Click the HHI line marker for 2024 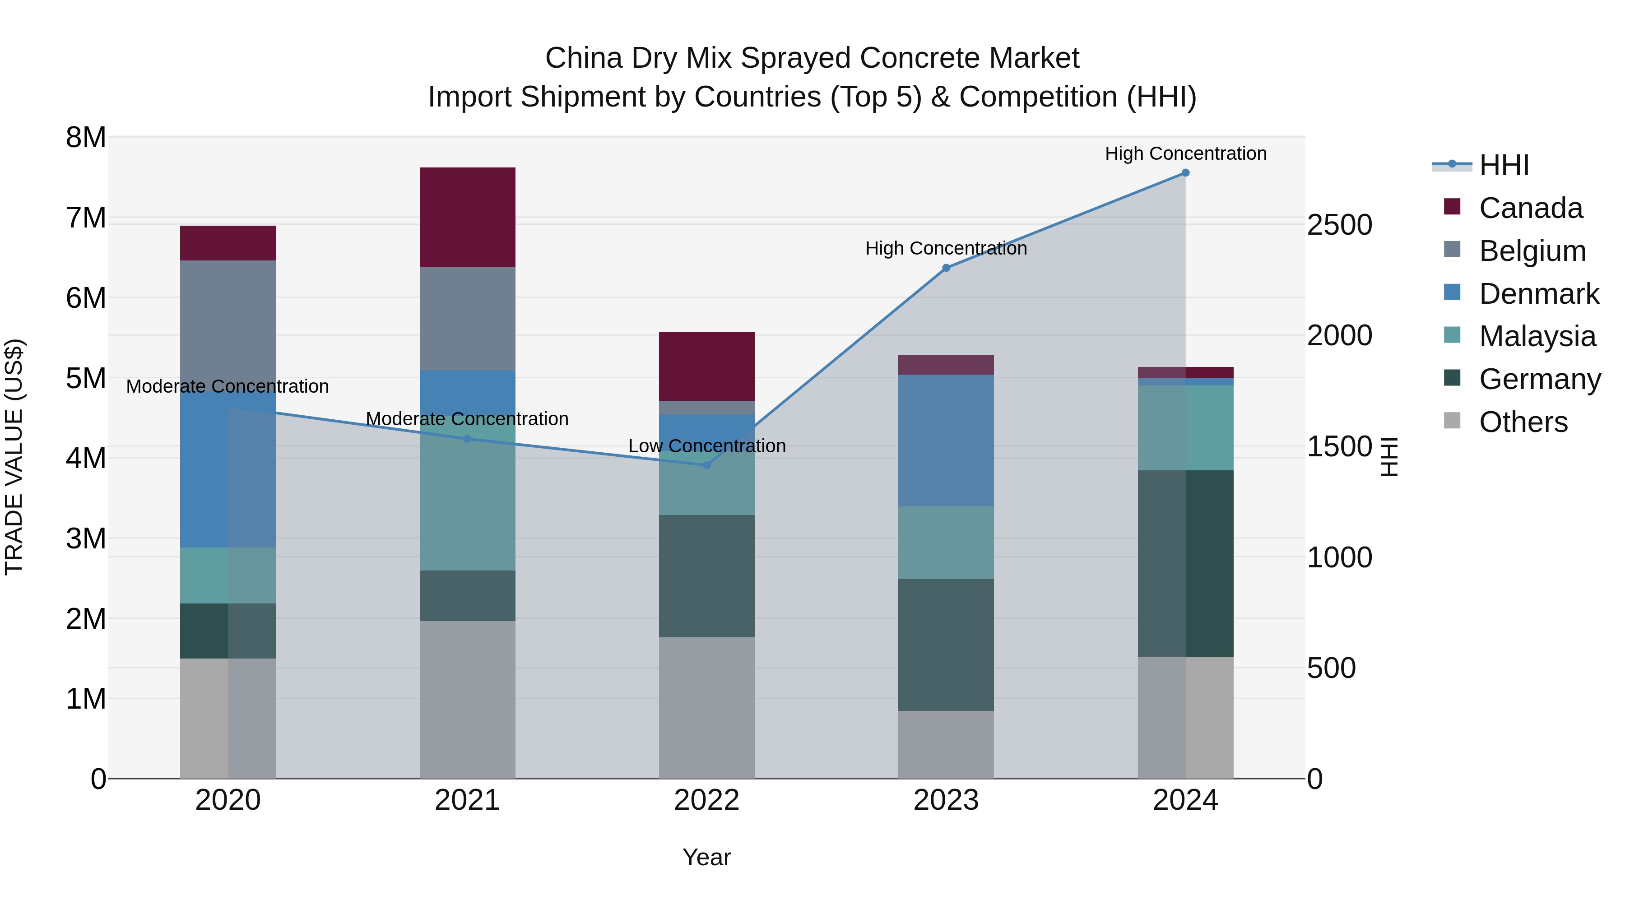tap(1185, 173)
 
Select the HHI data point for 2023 tap(946, 268)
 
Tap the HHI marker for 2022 tap(706, 465)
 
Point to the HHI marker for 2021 tap(468, 439)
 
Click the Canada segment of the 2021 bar tap(468, 217)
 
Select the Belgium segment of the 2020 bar tap(228, 325)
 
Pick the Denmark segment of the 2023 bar tap(946, 440)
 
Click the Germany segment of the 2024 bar tap(1185, 563)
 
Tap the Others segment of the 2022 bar tap(706, 707)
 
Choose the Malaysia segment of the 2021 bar tap(468, 492)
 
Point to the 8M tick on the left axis tap(86, 138)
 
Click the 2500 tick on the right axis tap(1339, 225)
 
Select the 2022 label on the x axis tap(706, 800)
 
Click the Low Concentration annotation tap(706, 446)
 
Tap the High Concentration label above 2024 tap(1185, 153)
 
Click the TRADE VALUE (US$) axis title tap(14, 457)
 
